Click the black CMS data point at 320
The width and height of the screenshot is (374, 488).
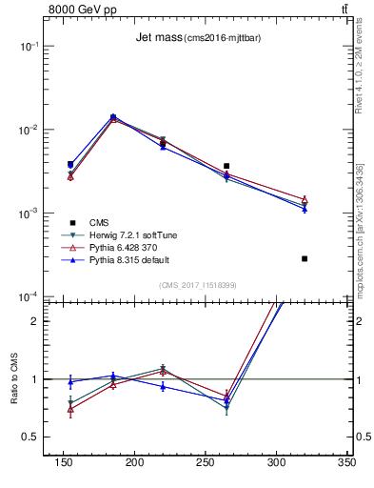[305, 258]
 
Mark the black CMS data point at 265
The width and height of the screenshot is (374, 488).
[226, 166]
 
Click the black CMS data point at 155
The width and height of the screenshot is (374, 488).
[70, 164]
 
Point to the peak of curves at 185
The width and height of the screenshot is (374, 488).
[113, 117]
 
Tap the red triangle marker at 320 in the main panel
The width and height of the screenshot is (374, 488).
[305, 199]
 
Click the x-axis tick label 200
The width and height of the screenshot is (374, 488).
[134, 462]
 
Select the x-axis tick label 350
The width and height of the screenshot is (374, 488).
[346, 462]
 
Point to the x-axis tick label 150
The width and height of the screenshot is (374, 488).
[64, 462]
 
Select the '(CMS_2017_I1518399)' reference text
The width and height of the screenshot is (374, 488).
[198, 284]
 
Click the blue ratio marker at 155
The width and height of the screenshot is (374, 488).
[70, 382]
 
